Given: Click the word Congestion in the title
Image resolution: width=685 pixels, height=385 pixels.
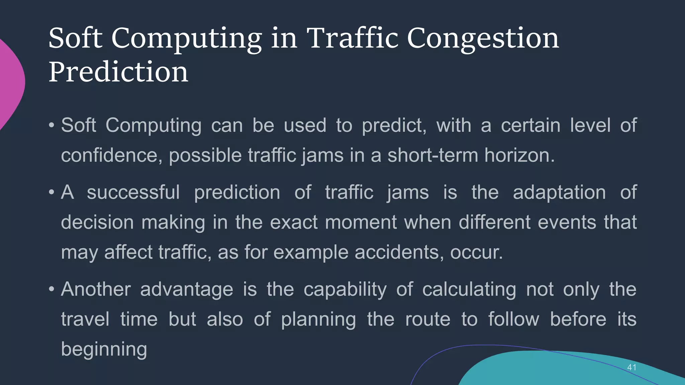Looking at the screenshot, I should point(483,38).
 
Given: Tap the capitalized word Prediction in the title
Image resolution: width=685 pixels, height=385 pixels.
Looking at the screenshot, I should point(118,72).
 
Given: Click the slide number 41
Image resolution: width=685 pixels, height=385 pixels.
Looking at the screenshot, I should point(631,367).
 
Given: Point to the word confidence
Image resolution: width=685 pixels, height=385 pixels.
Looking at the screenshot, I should point(111,155).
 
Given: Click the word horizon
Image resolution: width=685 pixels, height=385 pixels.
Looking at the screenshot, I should point(519,155).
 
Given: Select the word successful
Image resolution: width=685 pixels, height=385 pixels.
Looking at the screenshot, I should point(133,192).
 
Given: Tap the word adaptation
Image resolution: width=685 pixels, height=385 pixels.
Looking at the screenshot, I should point(559,192).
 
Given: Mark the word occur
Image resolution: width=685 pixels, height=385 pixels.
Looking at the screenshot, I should point(476,253).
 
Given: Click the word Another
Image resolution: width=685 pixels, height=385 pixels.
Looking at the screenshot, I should point(96,289).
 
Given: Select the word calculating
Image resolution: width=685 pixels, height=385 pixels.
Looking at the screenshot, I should point(469,289).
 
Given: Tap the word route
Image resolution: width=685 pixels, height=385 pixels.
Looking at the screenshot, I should point(427,319).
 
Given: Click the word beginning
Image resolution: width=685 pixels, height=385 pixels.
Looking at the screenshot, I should point(104,350).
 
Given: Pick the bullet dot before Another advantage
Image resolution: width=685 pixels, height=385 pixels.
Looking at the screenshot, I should point(51,289).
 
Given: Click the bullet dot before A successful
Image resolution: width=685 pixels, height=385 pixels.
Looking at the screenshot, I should point(51,192).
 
